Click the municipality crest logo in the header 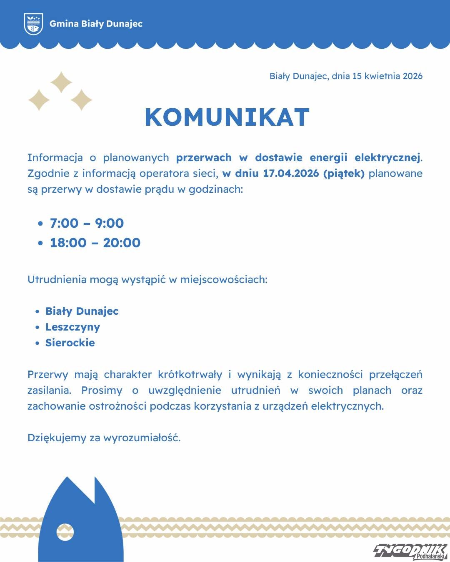(x=33, y=24)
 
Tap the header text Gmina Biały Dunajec (x=96, y=24)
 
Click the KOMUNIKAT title (x=227, y=117)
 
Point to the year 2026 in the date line (x=412, y=76)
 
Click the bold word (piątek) (x=344, y=173)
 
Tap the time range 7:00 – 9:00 (x=87, y=223)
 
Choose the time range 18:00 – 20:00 (x=95, y=243)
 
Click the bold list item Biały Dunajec (x=82, y=311)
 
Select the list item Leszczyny (x=72, y=327)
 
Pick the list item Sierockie (x=70, y=343)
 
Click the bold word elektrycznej (x=387, y=157)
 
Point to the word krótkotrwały (x=190, y=374)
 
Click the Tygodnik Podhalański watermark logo (x=410, y=551)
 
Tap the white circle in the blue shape (x=65, y=532)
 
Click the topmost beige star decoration (x=61, y=82)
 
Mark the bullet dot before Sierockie (x=37, y=343)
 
